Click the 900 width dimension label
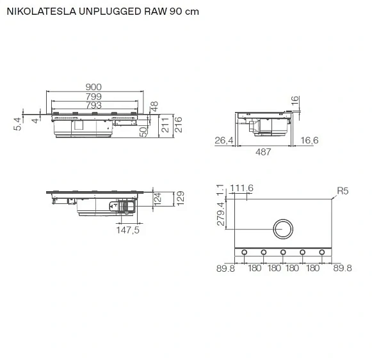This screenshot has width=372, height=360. [93, 87]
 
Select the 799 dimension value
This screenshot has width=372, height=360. [93, 97]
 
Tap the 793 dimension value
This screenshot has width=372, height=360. [93, 106]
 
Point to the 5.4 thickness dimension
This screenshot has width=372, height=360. [17, 124]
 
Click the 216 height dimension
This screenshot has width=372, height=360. [178, 125]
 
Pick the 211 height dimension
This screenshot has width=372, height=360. [165, 125]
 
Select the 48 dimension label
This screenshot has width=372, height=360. [154, 106]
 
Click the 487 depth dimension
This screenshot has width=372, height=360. [263, 152]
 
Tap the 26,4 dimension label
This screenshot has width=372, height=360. [224, 141]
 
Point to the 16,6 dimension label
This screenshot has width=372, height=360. [309, 140]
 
